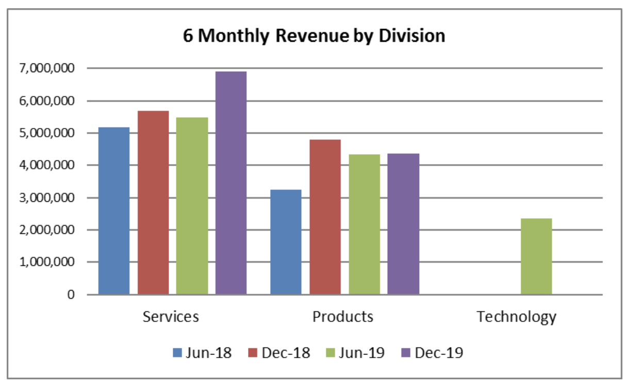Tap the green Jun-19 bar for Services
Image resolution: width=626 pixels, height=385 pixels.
tap(192, 206)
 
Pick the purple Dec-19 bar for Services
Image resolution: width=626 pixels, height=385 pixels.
tap(230, 183)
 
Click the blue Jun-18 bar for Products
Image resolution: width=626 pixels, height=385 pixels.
tap(286, 242)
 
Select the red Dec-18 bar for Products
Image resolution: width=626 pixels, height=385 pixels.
tap(325, 217)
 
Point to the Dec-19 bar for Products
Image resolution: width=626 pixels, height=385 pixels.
tap(403, 224)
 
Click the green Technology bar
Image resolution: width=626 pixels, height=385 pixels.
tap(536, 256)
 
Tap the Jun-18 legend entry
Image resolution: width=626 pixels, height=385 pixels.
tap(202, 353)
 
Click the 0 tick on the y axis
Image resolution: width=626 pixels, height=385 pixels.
tap(71, 295)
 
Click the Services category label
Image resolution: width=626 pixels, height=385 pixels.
tap(171, 316)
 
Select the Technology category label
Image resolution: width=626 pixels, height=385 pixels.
tap(516, 316)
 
